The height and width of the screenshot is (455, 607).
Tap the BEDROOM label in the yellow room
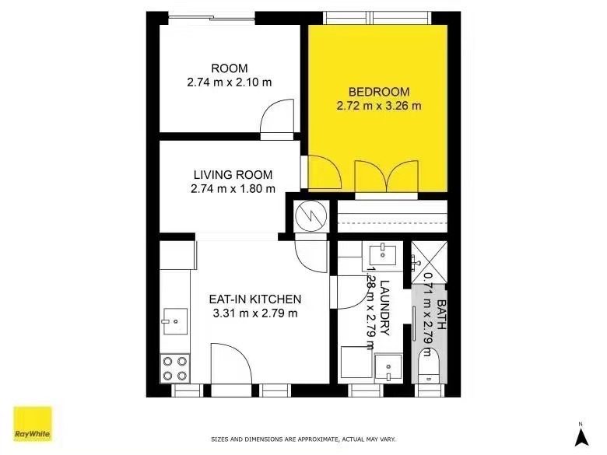coord(378,91)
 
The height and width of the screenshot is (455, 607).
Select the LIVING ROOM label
coord(232,174)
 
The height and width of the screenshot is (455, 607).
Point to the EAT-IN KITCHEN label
coord(255,299)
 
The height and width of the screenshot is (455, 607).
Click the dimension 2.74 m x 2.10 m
coord(229,82)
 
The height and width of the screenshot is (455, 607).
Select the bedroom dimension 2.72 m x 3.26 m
coord(378,106)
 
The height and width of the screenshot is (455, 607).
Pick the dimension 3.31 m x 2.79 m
coord(255,313)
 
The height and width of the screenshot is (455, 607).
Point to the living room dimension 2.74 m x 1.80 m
coord(233,188)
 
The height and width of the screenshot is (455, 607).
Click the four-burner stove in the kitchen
coord(174,367)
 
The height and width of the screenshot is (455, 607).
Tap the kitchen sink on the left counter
coord(174,320)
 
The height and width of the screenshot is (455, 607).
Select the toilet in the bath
coord(427,366)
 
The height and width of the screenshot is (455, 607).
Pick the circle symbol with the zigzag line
coord(309,215)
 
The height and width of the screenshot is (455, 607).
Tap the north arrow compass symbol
coord(580,435)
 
